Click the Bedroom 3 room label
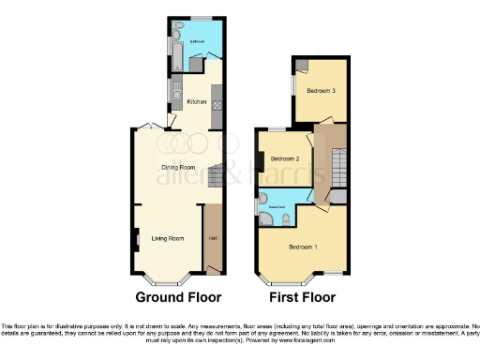(x=322, y=91)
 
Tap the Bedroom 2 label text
(x=285, y=159)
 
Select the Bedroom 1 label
(x=302, y=247)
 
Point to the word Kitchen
(x=197, y=101)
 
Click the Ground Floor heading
(x=178, y=297)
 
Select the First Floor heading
(x=303, y=297)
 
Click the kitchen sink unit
(x=175, y=91)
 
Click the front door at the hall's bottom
(x=215, y=271)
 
